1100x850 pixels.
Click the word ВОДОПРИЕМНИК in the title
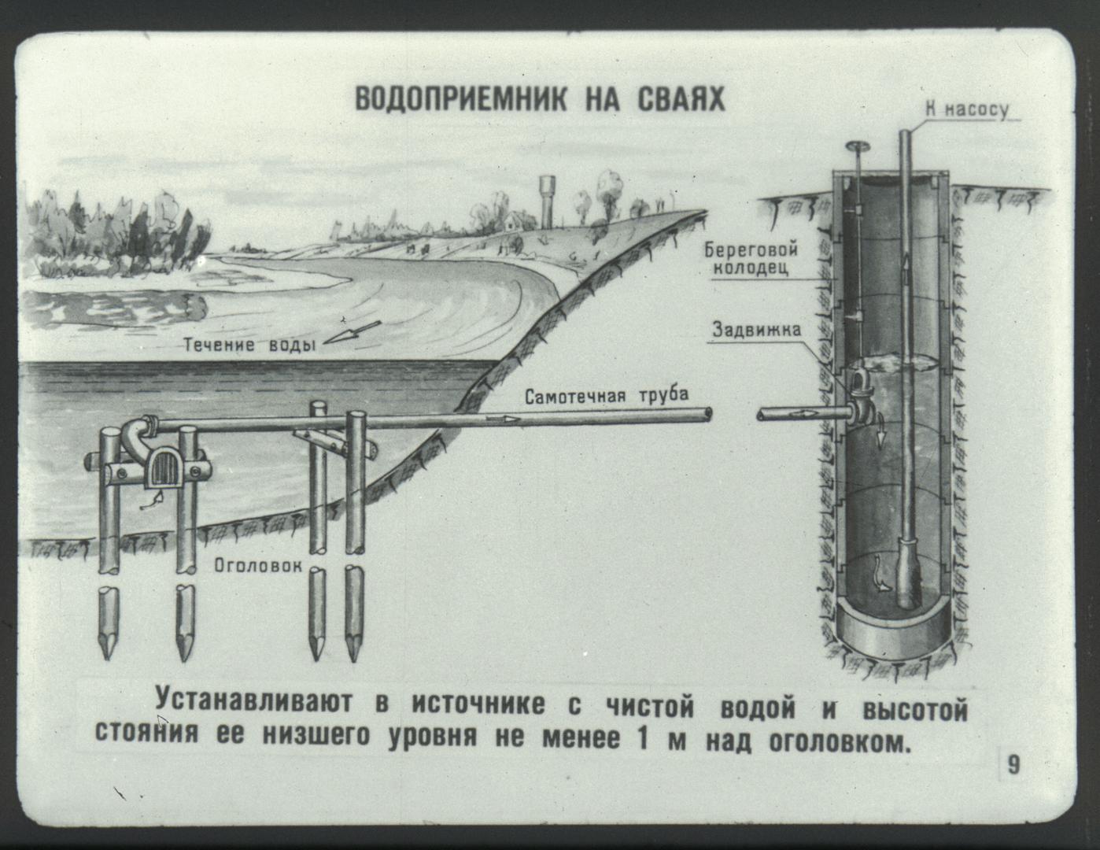coord(461,99)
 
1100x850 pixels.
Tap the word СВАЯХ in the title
coord(681,99)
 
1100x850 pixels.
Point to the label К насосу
coord(967,109)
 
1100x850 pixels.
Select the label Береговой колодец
coord(751,258)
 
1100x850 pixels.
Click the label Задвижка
coord(757,330)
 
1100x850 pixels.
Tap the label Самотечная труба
coord(607,395)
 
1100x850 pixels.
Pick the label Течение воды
coord(249,345)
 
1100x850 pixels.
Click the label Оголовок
coord(258,565)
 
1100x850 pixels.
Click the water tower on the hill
coord(547,201)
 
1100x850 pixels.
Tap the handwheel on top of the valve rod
coord(858,146)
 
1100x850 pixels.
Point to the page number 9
coord(1013,764)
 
